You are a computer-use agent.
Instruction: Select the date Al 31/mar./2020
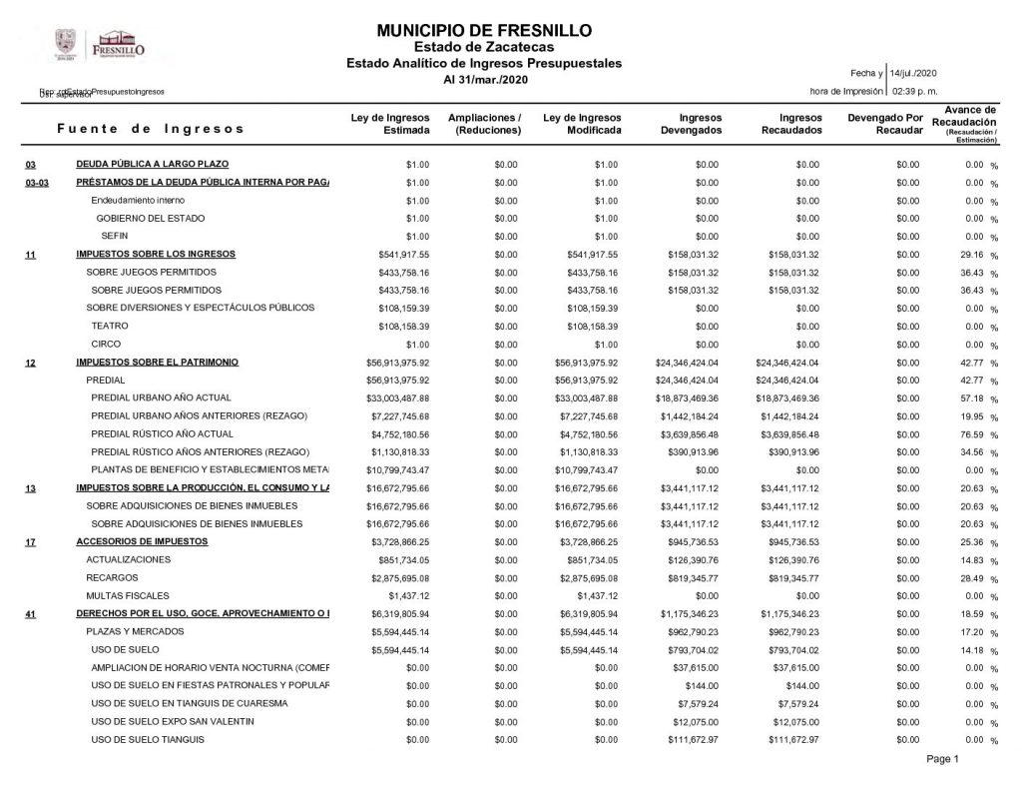pyautogui.click(x=484, y=79)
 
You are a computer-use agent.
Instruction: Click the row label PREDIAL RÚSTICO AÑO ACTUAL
pyautogui.click(x=162, y=434)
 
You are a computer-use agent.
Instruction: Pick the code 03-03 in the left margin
pyautogui.click(x=37, y=183)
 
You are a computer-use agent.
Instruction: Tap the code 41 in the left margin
pyautogui.click(x=31, y=613)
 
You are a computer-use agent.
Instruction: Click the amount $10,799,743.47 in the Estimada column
pyautogui.click(x=398, y=469)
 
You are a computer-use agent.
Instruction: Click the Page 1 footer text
pyautogui.click(x=942, y=761)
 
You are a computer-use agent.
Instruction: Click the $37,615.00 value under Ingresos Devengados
pyautogui.click(x=695, y=667)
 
